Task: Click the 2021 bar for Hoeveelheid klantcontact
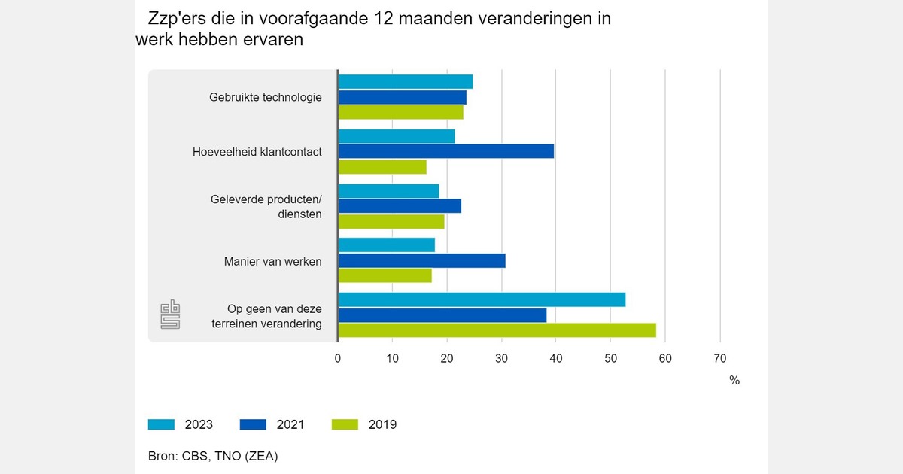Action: pyautogui.click(x=446, y=151)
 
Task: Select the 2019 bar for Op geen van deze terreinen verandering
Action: pyautogui.click(x=497, y=330)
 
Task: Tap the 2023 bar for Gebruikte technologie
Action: pyautogui.click(x=406, y=81)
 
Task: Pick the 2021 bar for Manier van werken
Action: pyautogui.click(x=421, y=260)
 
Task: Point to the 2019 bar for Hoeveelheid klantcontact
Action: pyautogui.click(x=382, y=166)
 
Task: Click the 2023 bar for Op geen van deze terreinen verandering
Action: pyautogui.click(x=482, y=299)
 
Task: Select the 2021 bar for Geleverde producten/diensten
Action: pyautogui.click(x=400, y=206)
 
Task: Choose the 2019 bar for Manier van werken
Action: pyautogui.click(x=385, y=275)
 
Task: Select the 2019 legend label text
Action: pyautogui.click(x=382, y=424)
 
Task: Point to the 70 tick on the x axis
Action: pyautogui.click(x=720, y=358)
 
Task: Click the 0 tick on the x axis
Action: pyautogui.click(x=338, y=358)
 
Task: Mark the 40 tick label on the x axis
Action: pyautogui.click(x=556, y=358)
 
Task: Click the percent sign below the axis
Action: pyautogui.click(x=734, y=381)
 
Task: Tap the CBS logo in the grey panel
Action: pyautogui.click(x=171, y=314)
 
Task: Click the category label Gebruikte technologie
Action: pyautogui.click(x=266, y=97)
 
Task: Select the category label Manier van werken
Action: pyautogui.click(x=272, y=261)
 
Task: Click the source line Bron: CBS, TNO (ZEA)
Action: pyautogui.click(x=213, y=456)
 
